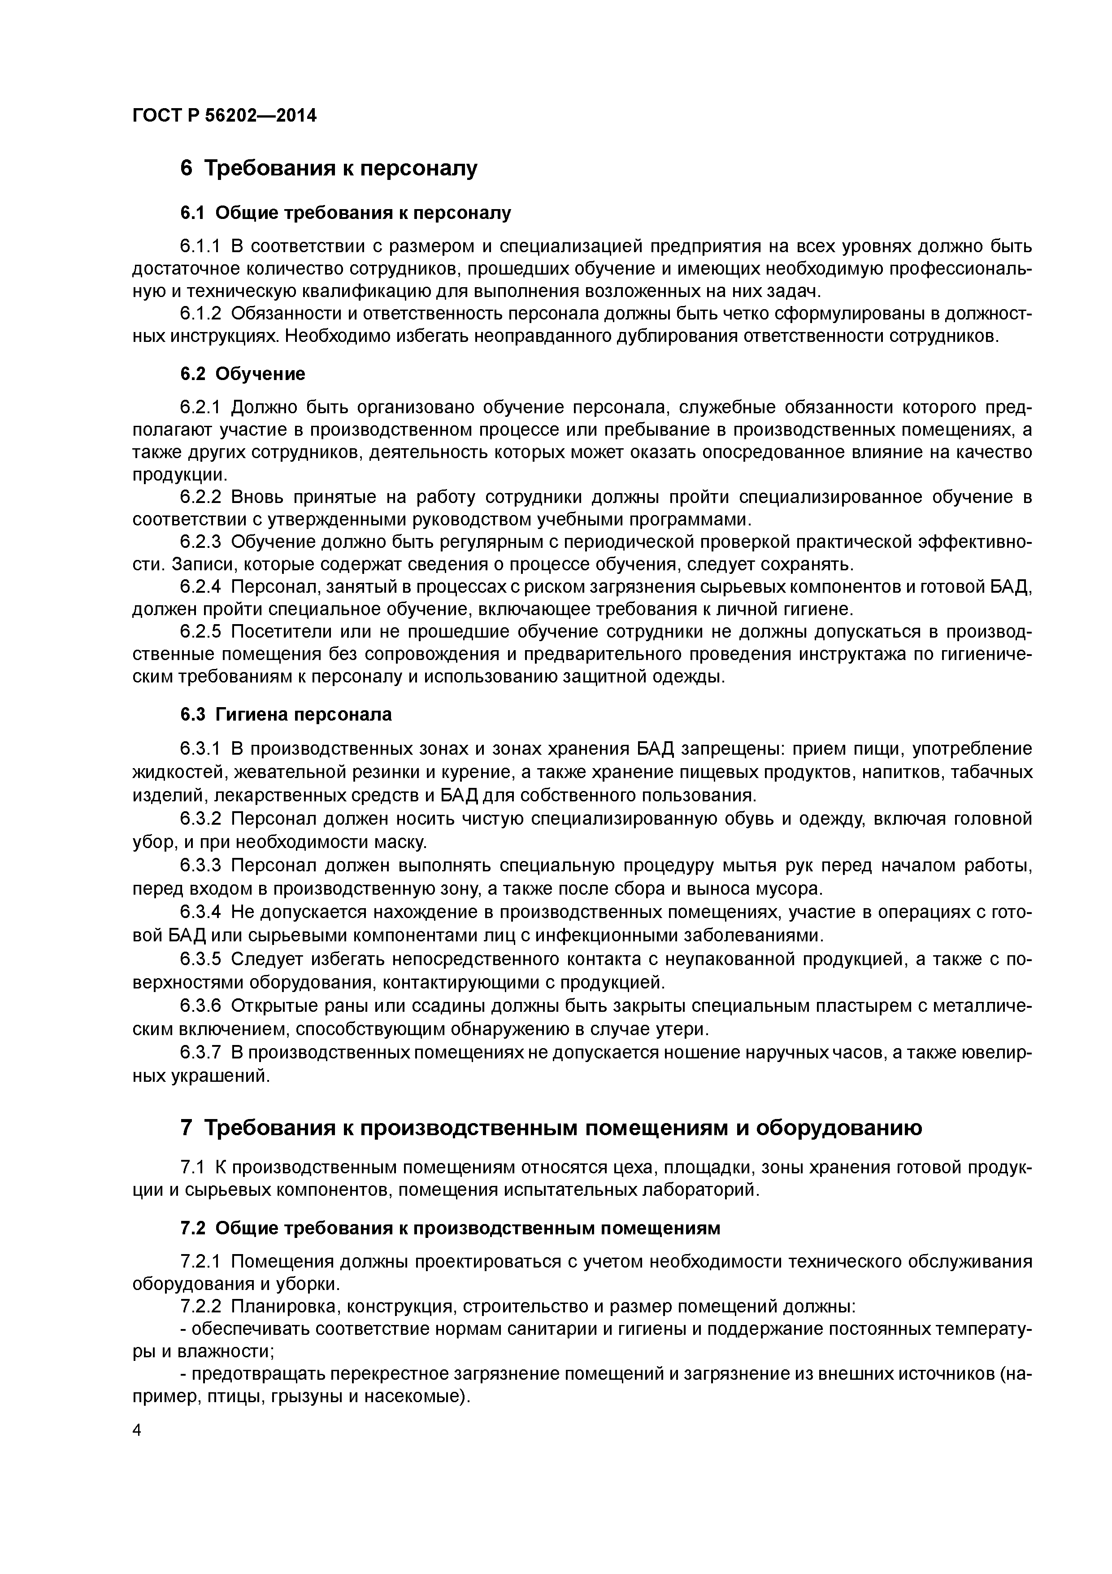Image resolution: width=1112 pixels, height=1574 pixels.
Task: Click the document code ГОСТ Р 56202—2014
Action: point(224,116)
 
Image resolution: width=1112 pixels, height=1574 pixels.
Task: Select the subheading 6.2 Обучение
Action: point(243,374)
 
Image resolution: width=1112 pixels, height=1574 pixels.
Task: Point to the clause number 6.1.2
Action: point(201,313)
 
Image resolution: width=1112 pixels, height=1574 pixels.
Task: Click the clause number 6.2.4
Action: point(201,587)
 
